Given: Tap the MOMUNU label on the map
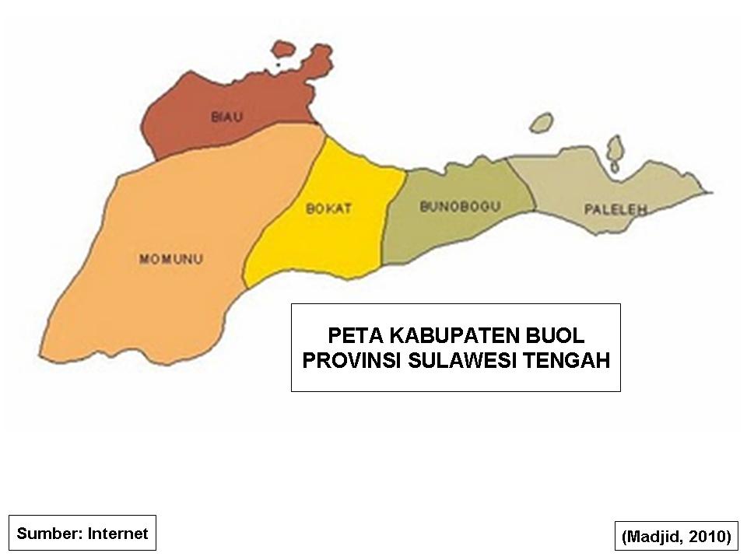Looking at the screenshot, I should pos(171,259).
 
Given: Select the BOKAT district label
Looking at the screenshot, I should pos(328,208).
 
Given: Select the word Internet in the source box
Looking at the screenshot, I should pos(117,534).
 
